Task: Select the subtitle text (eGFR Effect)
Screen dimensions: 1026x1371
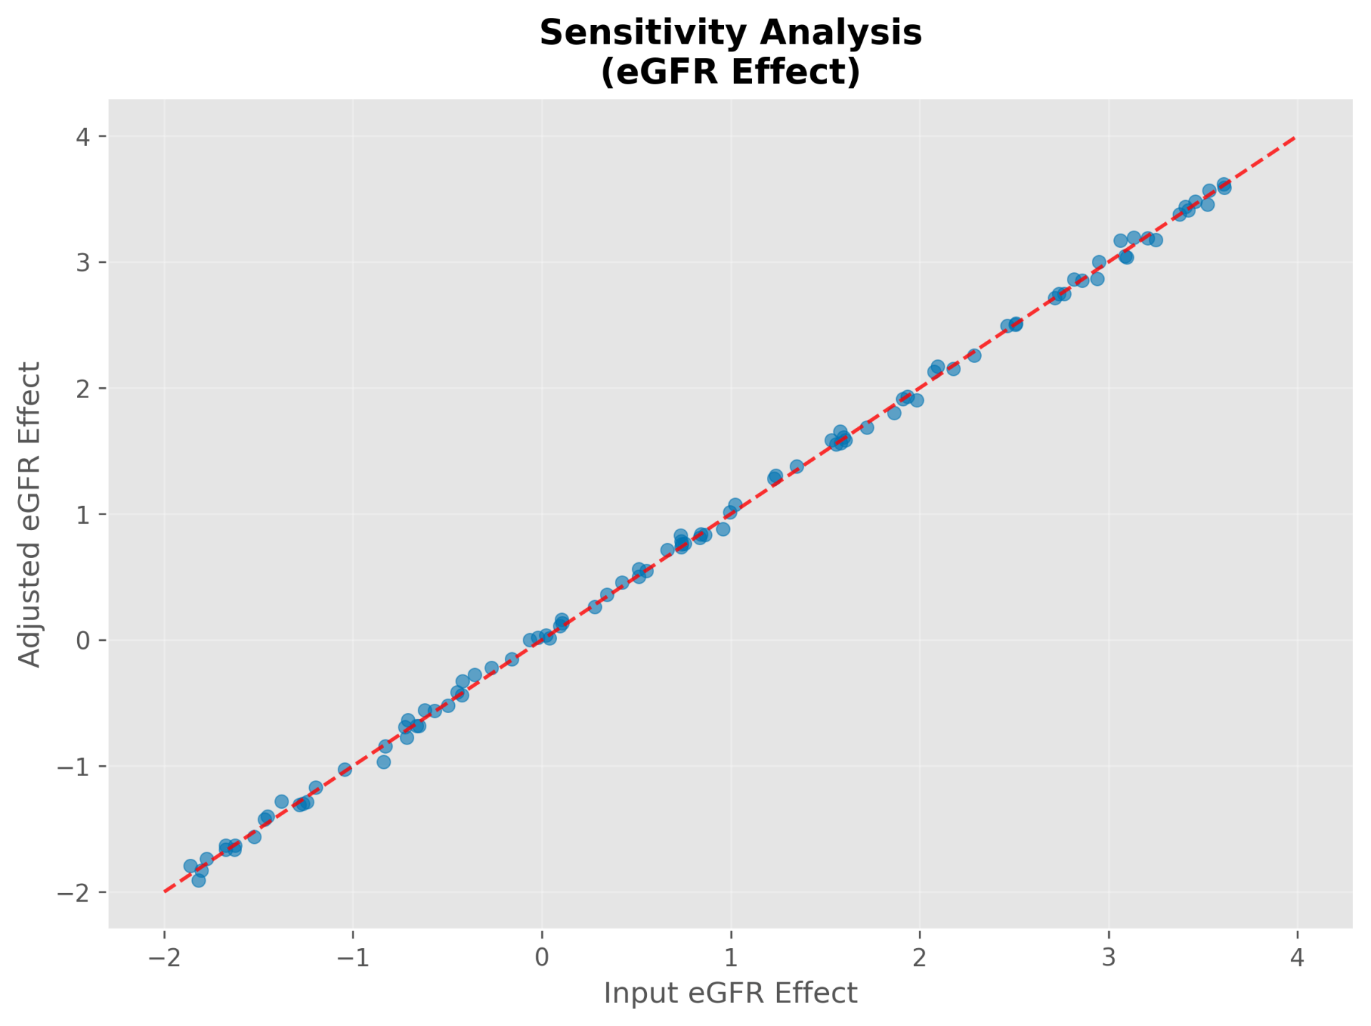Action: coord(730,71)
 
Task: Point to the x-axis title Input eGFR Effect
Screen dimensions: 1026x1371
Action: coord(730,993)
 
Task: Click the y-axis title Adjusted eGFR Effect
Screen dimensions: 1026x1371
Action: coord(30,514)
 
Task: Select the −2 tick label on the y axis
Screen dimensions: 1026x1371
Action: coord(75,892)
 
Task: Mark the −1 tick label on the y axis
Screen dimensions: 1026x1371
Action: coord(75,766)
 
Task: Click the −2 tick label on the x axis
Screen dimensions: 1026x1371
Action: coord(164,957)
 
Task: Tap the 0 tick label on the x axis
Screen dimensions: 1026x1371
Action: coord(542,957)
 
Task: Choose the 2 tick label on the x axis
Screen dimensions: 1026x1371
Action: coord(920,957)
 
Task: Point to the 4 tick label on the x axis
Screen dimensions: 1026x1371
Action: coord(1297,957)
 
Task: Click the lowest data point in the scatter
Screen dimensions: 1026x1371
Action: coord(199,880)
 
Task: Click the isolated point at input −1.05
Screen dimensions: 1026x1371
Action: coord(345,769)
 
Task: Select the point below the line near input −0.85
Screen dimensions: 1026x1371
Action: coord(383,762)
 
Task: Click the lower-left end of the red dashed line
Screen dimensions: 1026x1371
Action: coord(165,891)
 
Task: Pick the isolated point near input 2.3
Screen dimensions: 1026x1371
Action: coord(974,355)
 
